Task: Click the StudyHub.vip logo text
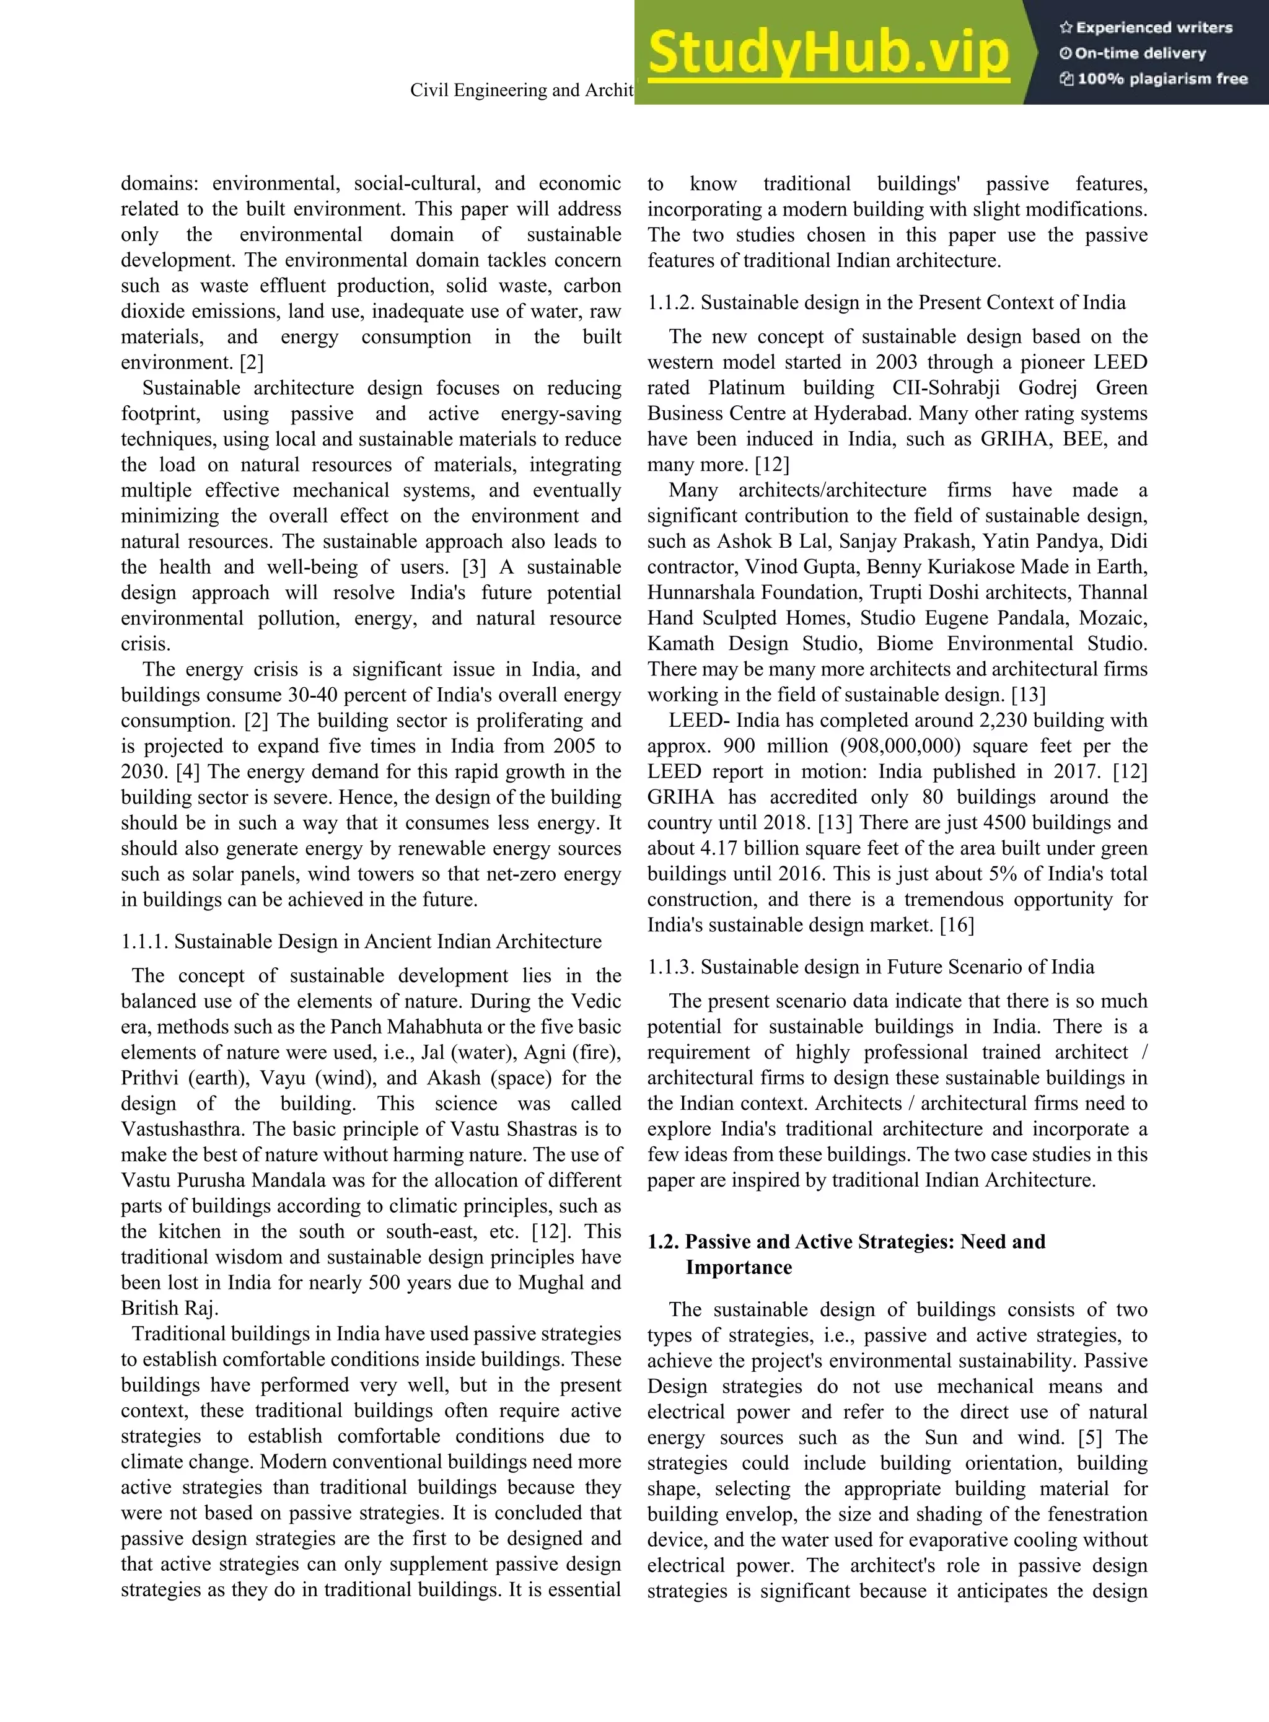(828, 52)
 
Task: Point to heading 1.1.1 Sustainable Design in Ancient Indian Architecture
(361, 942)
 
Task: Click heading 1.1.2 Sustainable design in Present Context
(887, 302)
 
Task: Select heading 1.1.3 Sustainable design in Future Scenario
(871, 967)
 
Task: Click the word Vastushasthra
(182, 1129)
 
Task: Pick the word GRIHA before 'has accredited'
(680, 797)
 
